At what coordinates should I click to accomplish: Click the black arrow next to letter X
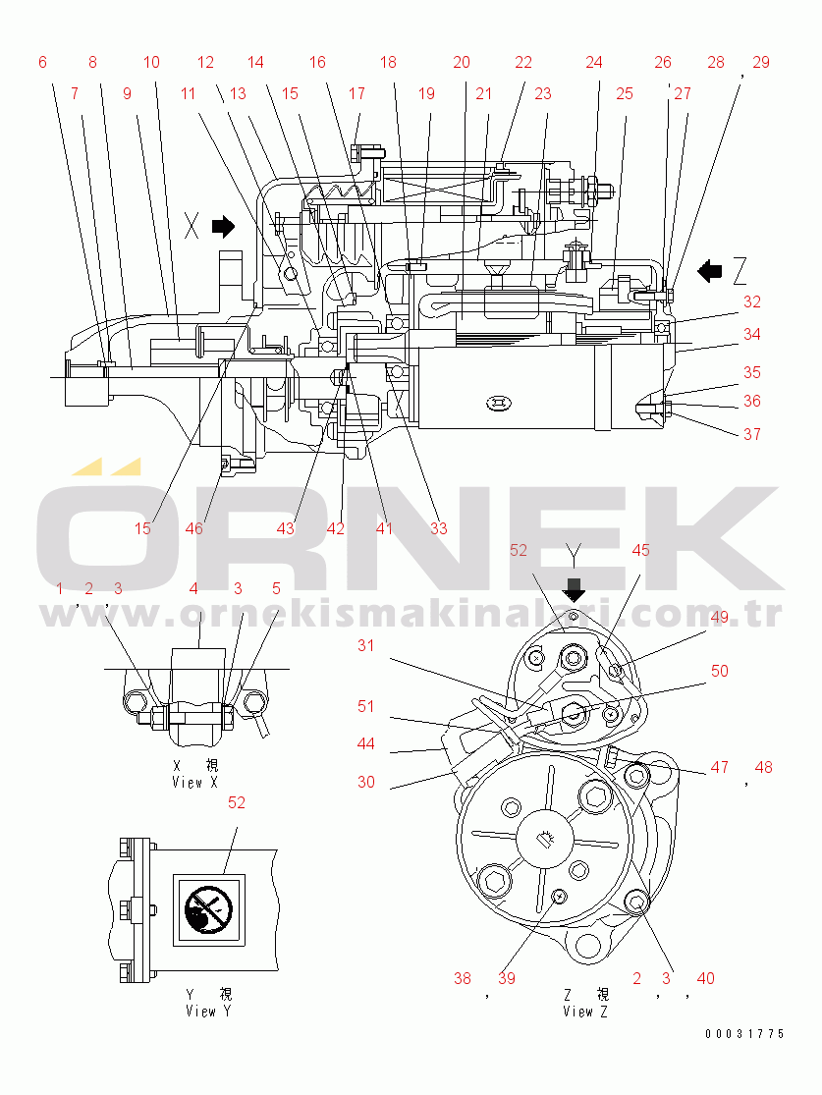pyautogui.click(x=224, y=226)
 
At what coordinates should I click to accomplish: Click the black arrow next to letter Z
pyautogui.click(x=710, y=271)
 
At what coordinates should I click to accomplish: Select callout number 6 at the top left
pyautogui.click(x=42, y=62)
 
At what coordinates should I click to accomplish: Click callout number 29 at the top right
pyautogui.click(x=760, y=62)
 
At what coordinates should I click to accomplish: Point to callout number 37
pyautogui.click(x=751, y=434)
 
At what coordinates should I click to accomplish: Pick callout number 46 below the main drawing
pyautogui.click(x=194, y=528)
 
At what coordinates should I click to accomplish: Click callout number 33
pyautogui.click(x=439, y=528)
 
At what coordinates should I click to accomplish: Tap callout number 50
pyautogui.click(x=719, y=671)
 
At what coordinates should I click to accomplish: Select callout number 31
pyautogui.click(x=366, y=645)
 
